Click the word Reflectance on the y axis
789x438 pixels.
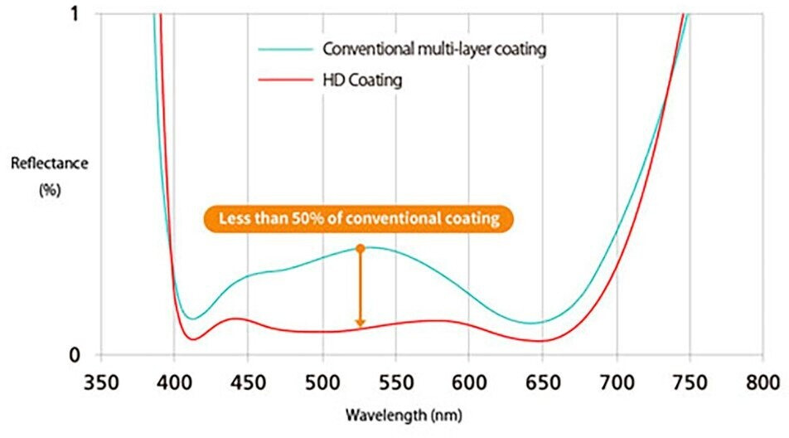pos(49,163)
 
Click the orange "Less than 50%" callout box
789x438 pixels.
pos(358,220)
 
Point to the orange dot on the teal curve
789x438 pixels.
pos(360,248)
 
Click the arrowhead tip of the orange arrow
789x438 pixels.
pos(360,326)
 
